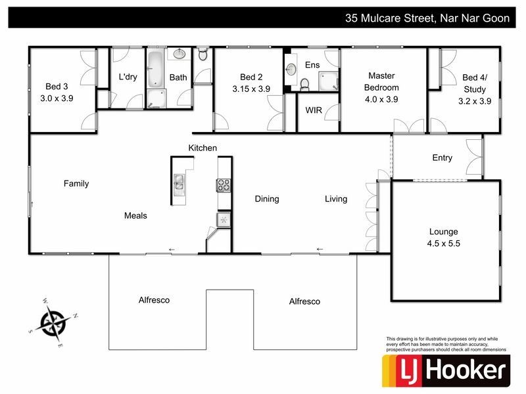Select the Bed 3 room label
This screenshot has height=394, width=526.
point(57,86)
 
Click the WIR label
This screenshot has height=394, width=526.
point(314,110)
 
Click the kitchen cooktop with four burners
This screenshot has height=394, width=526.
point(224,185)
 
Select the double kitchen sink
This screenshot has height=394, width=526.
point(179,185)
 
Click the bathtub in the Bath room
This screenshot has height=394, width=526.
point(155,69)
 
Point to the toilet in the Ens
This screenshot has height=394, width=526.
point(304,83)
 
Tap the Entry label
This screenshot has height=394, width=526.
point(442,158)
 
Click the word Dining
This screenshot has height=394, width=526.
point(267,199)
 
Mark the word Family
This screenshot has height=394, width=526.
point(76,184)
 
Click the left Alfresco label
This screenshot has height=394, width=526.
point(154,300)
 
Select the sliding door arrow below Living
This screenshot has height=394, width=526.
point(320,249)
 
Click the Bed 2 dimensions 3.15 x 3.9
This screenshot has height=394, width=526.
point(251,89)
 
